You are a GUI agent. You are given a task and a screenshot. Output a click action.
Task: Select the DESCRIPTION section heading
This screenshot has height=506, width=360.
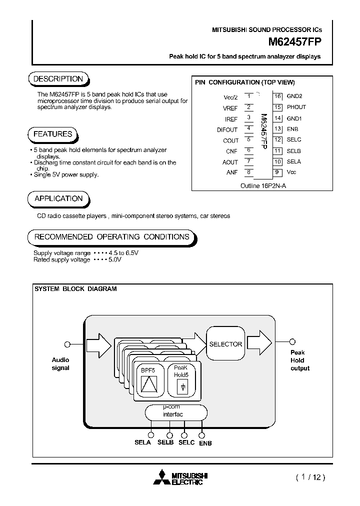click(x=58, y=79)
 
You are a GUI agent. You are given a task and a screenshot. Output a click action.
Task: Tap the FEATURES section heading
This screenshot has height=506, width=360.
click(x=52, y=134)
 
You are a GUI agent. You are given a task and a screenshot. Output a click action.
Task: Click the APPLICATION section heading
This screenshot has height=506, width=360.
click(x=58, y=198)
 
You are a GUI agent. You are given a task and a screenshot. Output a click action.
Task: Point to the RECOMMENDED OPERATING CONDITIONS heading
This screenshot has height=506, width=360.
click(x=111, y=236)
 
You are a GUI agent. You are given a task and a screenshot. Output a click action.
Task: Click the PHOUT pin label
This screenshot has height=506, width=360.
click(x=296, y=107)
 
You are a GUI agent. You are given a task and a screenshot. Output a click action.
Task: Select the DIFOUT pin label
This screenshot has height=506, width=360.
click(x=227, y=129)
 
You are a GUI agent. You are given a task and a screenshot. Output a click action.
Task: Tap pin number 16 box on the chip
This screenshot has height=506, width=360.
click(x=277, y=96)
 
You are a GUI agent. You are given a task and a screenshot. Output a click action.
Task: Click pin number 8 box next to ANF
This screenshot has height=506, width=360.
click(x=248, y=172)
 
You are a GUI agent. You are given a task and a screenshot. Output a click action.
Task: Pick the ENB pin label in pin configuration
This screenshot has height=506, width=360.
click(x=292, y=129)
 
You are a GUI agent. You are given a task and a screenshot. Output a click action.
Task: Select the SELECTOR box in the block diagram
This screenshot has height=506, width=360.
click(x=225, y=344)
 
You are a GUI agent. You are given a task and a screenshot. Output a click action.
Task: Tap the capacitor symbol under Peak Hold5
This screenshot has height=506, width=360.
click(x=183, y=387)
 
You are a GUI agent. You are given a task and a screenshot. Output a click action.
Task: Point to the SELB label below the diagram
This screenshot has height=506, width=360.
click(x=165, y=443)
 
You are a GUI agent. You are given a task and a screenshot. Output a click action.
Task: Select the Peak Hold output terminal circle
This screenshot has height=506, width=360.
click(x=292, y=342)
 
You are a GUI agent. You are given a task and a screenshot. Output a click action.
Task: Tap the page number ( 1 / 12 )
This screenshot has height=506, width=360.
click(x=310, y=477)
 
